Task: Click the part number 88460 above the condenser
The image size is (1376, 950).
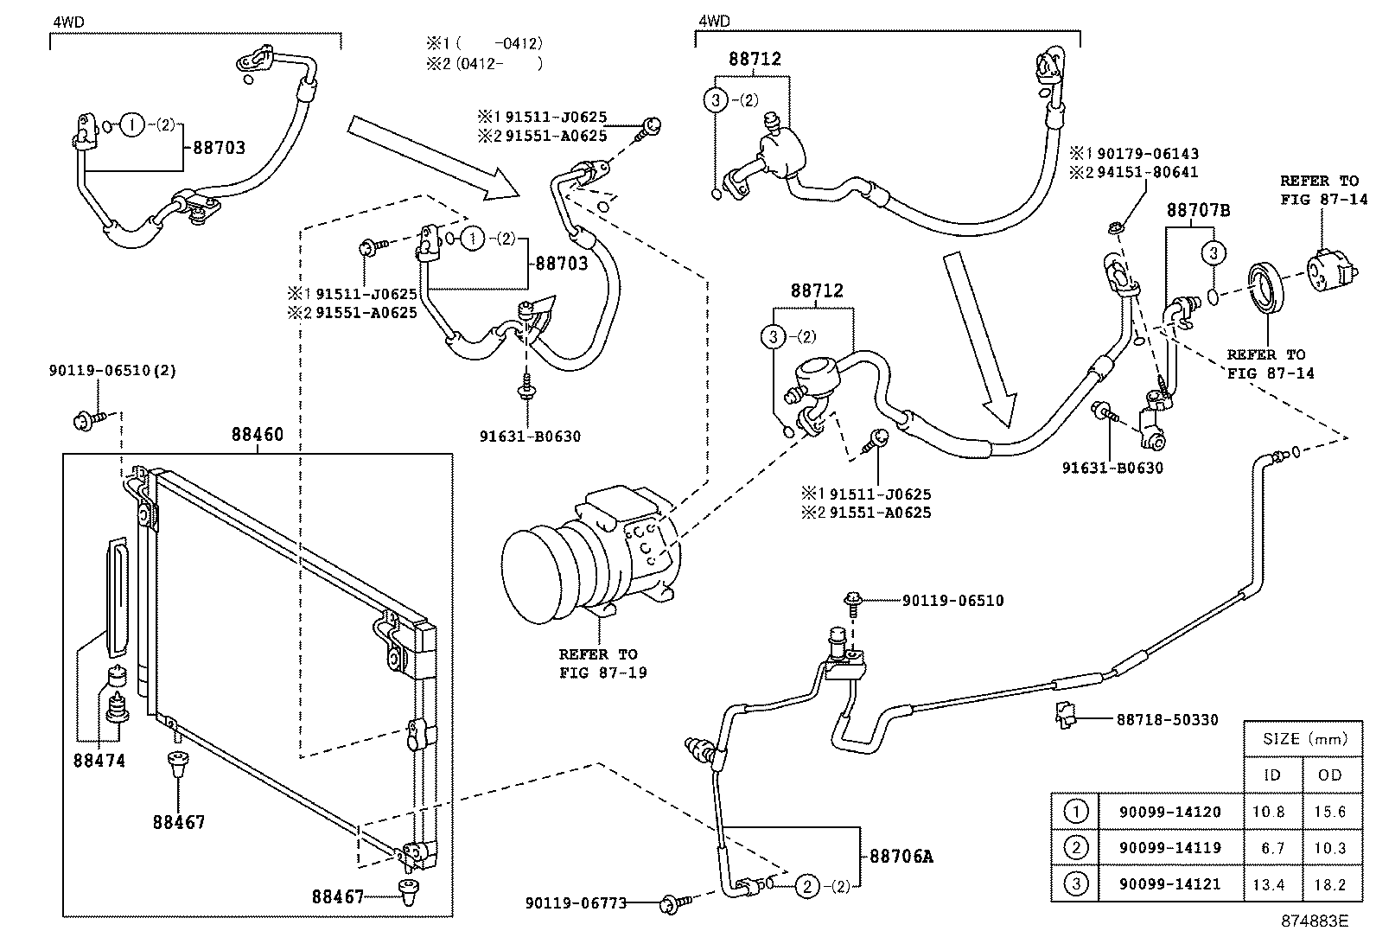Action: click(257, 435)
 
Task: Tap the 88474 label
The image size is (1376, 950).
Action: click(99, 761)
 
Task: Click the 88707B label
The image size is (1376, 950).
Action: click(1198, 210)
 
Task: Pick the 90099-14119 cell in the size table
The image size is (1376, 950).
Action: click(1170, 848)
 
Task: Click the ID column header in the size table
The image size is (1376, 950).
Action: click(1272, 775)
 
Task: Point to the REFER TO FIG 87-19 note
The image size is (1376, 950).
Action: click(598, 663)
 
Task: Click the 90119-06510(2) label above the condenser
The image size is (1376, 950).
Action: click(112, 371)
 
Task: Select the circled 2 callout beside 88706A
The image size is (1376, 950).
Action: click(806, 885)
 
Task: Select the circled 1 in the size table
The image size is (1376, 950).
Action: click(1075, 812)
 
